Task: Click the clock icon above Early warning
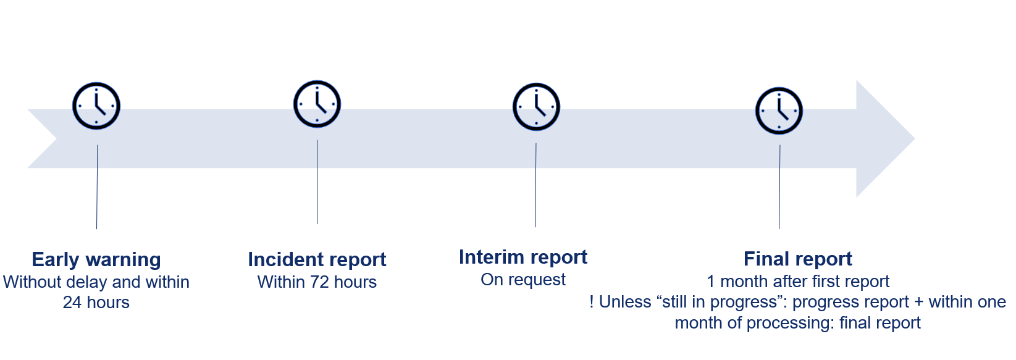[96, 106]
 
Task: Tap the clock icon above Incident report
[317, 104]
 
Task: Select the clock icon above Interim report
[536, 107]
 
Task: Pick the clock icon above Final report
[779, 111]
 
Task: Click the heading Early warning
[96, 260]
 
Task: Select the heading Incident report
[317, 260]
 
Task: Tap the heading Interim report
[523, 257]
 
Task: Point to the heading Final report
[798, 259]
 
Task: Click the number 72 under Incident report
[320, 282]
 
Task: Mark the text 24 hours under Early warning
[96, 303]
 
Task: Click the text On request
[523, 280]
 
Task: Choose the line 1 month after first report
[798, 282]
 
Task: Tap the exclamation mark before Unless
[592, 301]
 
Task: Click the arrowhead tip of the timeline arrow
[915, 139]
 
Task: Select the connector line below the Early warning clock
[97, 187]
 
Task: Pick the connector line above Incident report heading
[317, 182]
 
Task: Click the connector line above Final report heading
[779, 187]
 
